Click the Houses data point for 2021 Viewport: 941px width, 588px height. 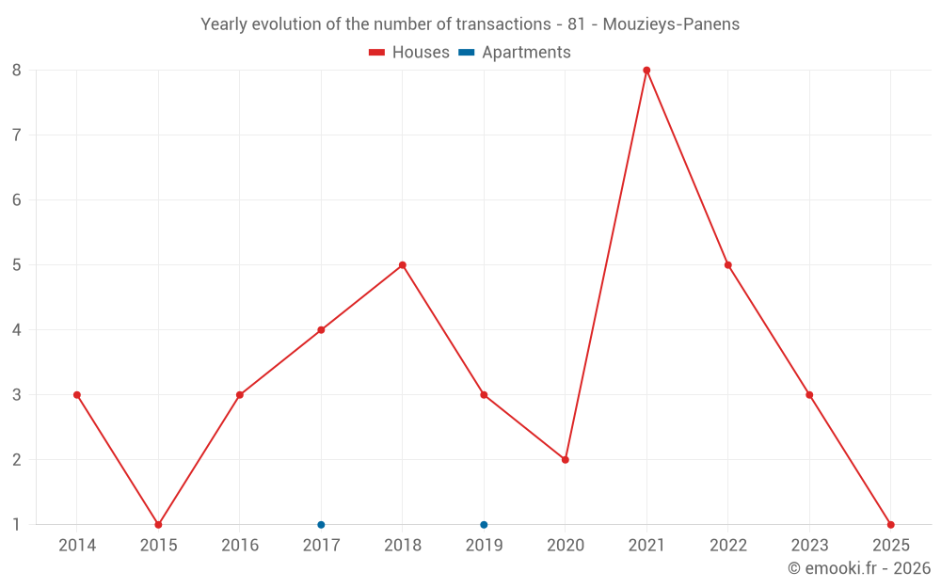[646, 70]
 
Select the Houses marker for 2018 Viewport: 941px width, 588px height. [403, 265]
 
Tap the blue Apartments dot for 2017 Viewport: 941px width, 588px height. [321, 525]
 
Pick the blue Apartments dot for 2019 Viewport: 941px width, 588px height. [484, 525]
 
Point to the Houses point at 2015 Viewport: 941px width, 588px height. [158, 525]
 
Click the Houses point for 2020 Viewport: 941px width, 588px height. [566, 460]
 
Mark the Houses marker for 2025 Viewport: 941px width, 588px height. [890, 525]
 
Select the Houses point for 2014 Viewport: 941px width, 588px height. [77, 395]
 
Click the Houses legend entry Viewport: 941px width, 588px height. [409, 53]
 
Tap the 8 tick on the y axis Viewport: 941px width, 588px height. [17, 70]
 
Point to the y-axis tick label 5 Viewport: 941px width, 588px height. [17, 265]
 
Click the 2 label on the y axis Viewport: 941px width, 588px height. [17, 460]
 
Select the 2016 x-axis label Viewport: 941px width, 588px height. [240, 546]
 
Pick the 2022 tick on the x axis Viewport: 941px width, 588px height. [728, 546]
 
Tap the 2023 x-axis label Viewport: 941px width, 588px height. [809, 546]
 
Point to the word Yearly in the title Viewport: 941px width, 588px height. [226, 24]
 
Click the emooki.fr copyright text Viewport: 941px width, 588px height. [859, 568]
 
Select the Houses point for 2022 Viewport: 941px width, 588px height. [728, 265]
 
